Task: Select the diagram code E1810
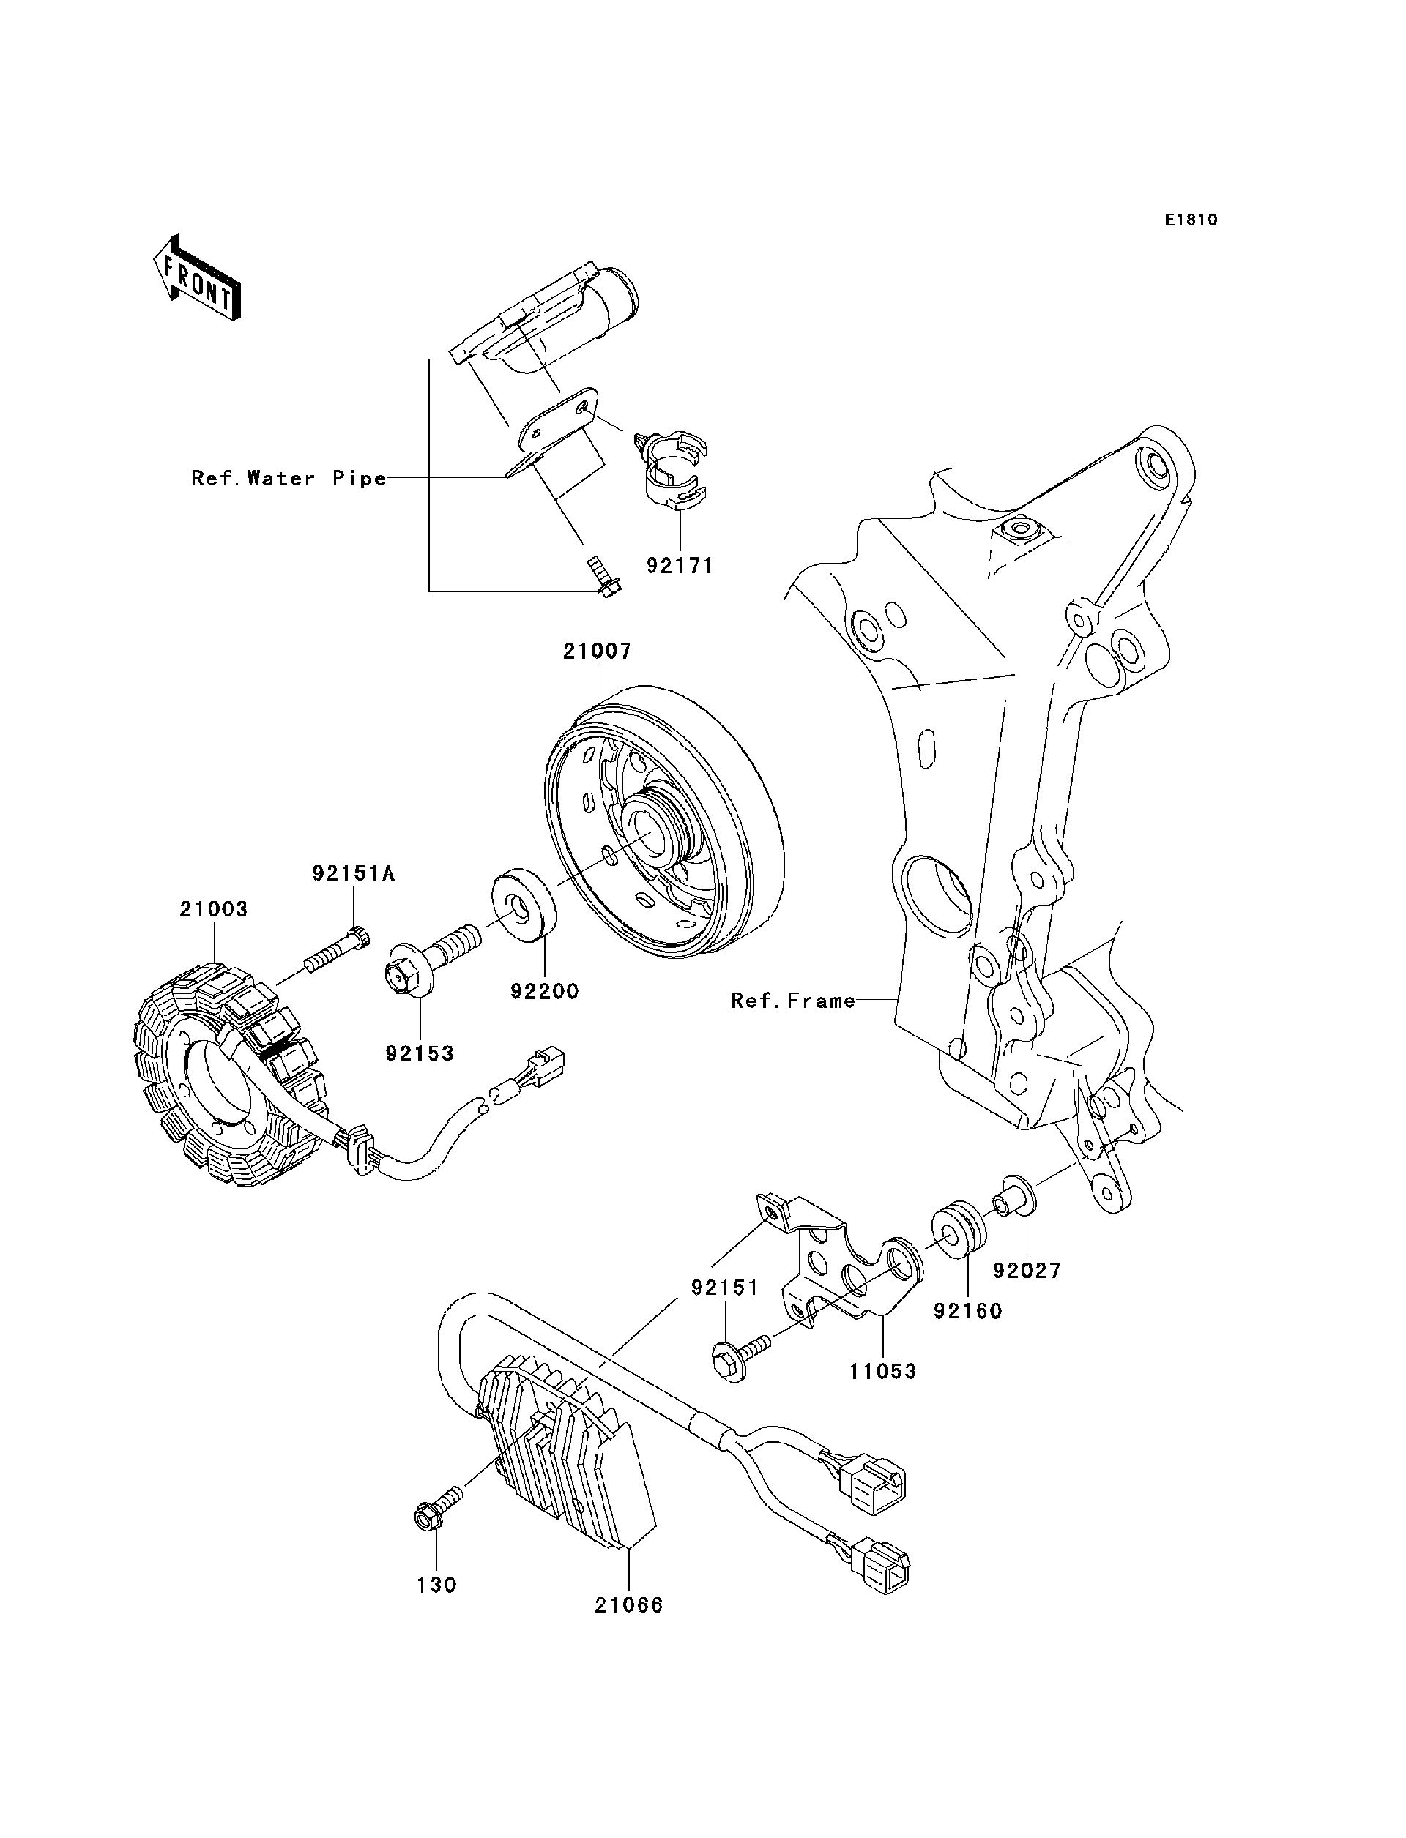pos(1190,220)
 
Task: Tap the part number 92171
pos(680,566)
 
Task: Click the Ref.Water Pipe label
pos(289,479)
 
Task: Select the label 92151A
pos(353,873)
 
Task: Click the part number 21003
pos(213,909)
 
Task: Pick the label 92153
pos(420,1054)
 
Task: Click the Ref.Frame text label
pos(792,1001)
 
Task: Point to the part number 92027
pos(1027,1270)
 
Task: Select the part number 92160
pos(967,1311)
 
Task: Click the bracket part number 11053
pos(883,1371)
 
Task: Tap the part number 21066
pos(628,1605)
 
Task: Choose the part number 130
pos(437,1585)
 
